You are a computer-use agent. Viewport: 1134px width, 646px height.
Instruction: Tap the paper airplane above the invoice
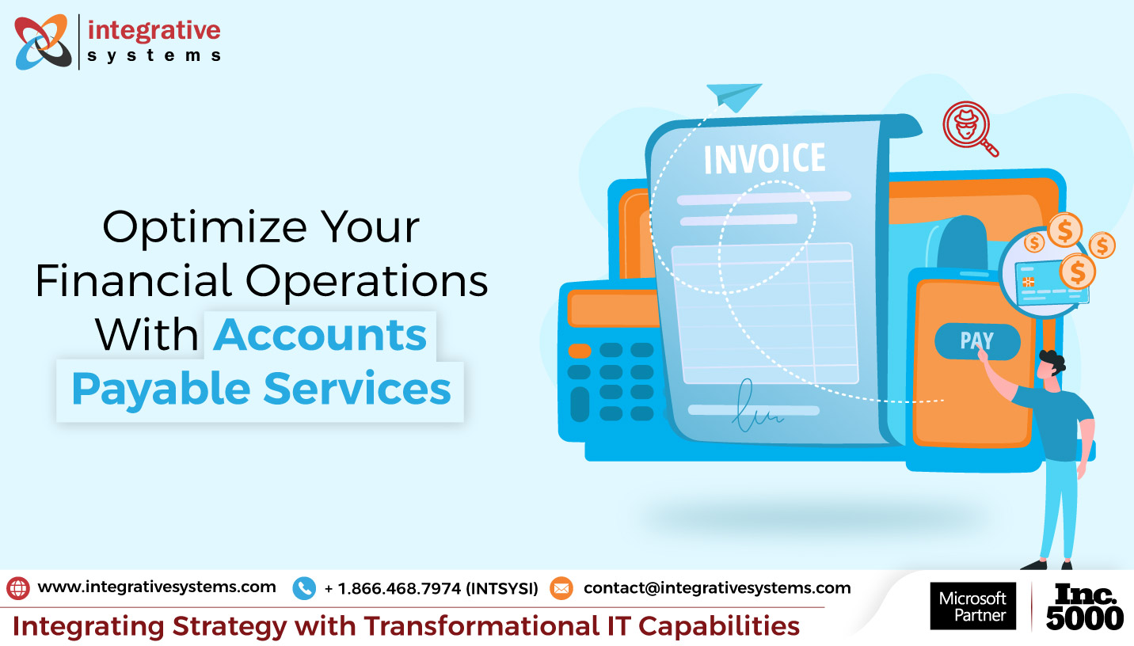[733, 97]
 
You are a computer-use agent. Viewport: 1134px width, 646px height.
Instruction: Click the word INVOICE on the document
[764, 158]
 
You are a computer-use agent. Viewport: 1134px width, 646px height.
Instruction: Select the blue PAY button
[976, 341]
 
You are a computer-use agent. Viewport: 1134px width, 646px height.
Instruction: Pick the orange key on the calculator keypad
[580, 350]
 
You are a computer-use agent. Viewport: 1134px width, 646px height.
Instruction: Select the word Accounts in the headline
[320, 335]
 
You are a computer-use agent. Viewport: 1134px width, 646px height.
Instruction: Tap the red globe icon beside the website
[18, 588]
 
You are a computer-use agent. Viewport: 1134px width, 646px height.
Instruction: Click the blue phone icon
[304, 588]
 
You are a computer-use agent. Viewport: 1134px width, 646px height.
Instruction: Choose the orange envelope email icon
[561, 588]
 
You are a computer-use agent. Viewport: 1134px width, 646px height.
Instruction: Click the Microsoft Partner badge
[972, 606]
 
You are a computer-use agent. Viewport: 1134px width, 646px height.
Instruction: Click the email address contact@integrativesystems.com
[717, 588]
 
